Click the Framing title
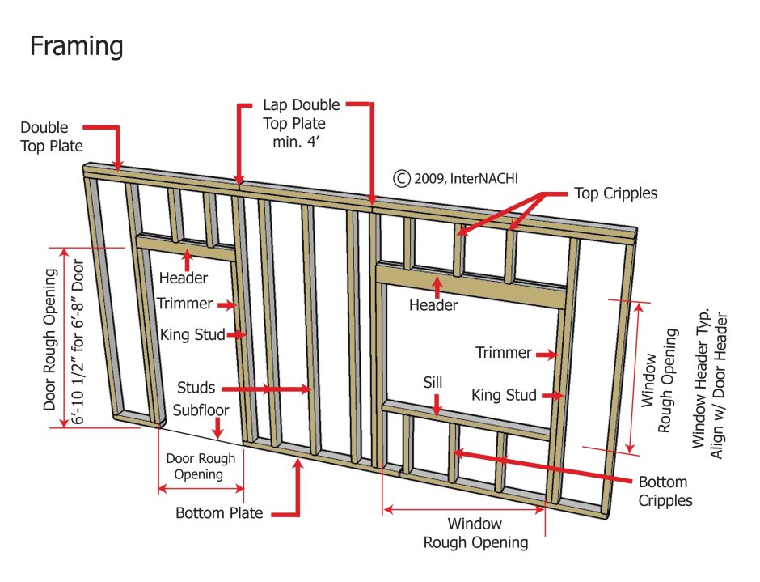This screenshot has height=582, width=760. (77, 46)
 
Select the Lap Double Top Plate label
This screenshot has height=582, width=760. (301, 124)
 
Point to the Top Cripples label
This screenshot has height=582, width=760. (615, 193)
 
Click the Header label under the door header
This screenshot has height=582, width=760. (183, 278)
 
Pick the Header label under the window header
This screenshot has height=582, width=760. (433, 305)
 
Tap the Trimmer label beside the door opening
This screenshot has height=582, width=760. (185, 304)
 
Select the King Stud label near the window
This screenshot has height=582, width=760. (505, 395)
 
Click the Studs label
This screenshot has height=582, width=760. (196, 389)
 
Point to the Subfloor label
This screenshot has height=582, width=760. (194, 410)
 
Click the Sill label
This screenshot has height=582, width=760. (433, 380)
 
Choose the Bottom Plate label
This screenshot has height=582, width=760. (219, 513)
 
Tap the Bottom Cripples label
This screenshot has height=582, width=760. (665, 491)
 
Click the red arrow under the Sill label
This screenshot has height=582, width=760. (437, 404)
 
